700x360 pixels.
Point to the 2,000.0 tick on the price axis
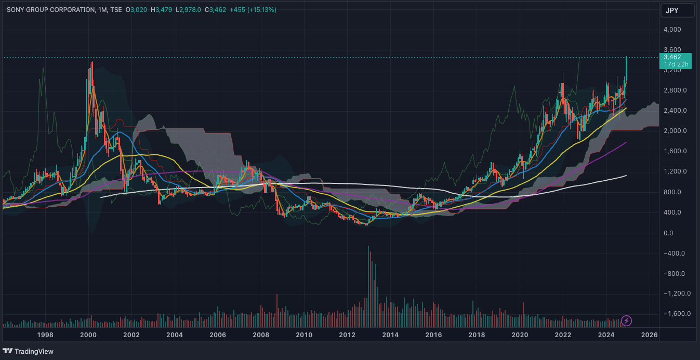coord(676,131)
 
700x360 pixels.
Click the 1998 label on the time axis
coord(45,335)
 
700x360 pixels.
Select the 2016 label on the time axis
coord(434,335)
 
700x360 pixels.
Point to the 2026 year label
coord(650,335)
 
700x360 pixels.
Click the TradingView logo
coord(29,351)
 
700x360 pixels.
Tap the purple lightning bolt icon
coord(627,321)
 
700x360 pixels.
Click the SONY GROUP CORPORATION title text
coord(51,10)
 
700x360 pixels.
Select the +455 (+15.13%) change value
coord(256,10)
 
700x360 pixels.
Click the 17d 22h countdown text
coord(676,64)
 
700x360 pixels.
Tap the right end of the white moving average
coord(626,176)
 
